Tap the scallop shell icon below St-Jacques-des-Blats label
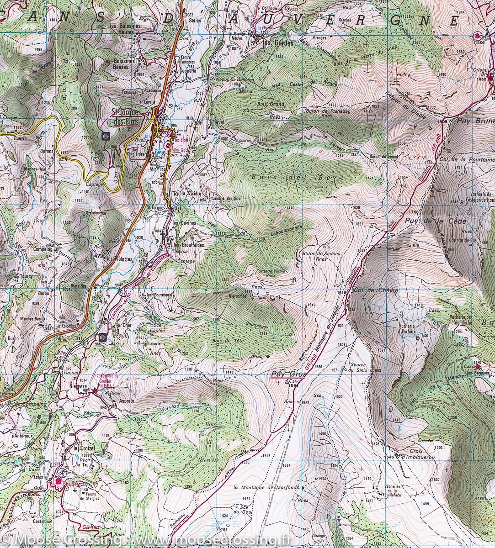coord(105,136)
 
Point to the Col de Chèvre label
coord(370,290)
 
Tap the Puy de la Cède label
coord(429,221)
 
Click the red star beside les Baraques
coord(478,367)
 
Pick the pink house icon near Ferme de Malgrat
coord(59,480)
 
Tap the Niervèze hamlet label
coord(78,385)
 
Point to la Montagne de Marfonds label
coord(266,487)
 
